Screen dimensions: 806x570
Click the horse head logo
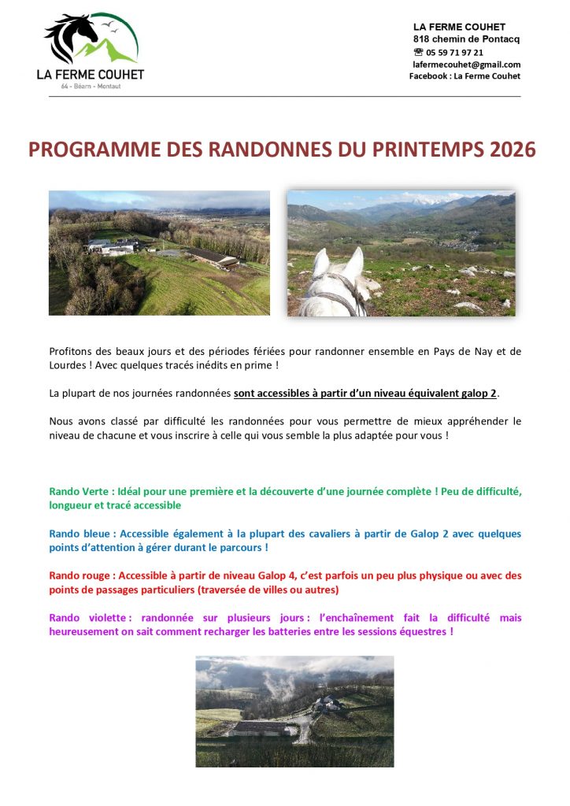pyautogui.click(x=71, y=36)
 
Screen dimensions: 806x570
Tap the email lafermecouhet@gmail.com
pyautogui.click(x=467, y=65)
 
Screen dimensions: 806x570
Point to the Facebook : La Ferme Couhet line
pyautogui.click(x=465, y=76)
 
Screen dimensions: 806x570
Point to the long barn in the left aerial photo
pyautogui.click(x=210, y=257)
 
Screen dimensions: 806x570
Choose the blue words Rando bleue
pyautogui.click(x=78, y=534)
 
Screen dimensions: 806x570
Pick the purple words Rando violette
pyautogui.click(x=82, y=618)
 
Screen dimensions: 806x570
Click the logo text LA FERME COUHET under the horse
pyautogui.click(x=91, y=75)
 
